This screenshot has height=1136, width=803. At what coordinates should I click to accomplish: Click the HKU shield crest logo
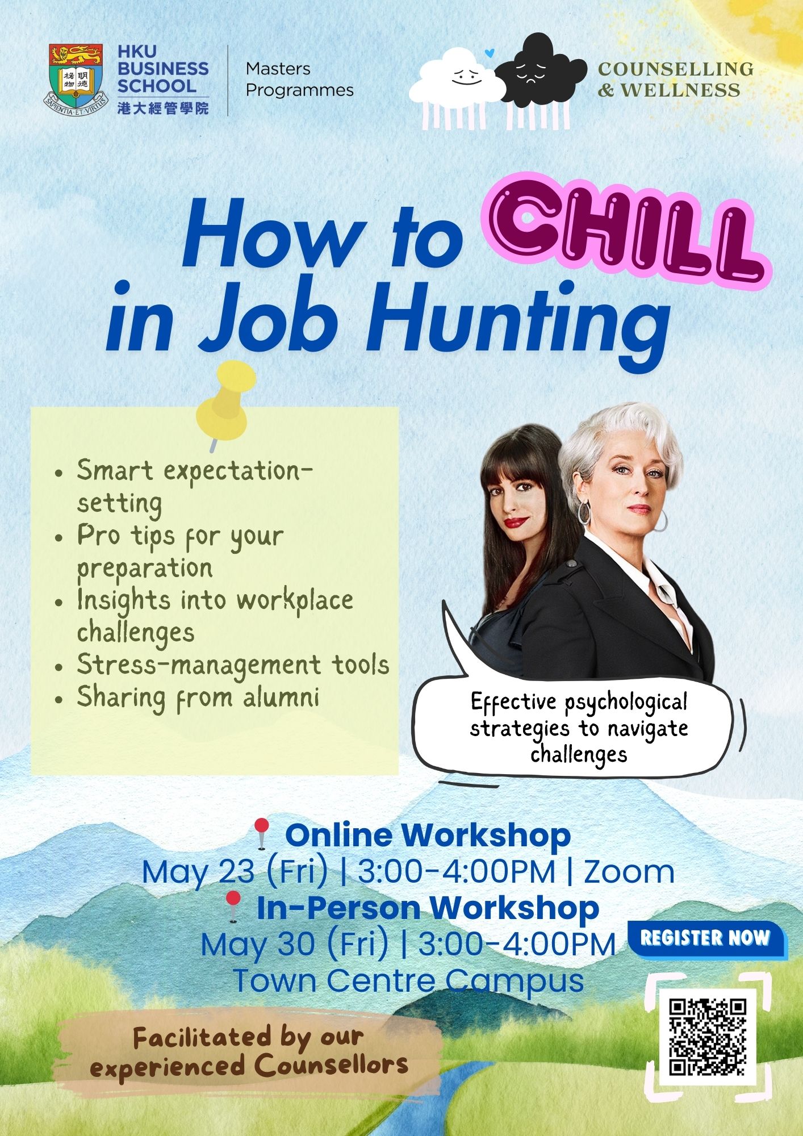coord(76,79)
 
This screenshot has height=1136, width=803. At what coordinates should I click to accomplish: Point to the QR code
coord(707,1037)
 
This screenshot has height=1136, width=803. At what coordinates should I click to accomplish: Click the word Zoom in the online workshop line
coord(629,872)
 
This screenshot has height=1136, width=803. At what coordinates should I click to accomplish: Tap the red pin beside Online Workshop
coord(261,833)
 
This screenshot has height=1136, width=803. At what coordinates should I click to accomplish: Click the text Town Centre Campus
coord(408,980)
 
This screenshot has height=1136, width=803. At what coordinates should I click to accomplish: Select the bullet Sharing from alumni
coord(198,698)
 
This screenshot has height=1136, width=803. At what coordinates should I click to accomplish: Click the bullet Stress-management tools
coord(233,665)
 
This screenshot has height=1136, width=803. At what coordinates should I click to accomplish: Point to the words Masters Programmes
coord(299,80)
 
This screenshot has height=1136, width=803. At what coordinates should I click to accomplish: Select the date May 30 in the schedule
coord(257,944)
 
